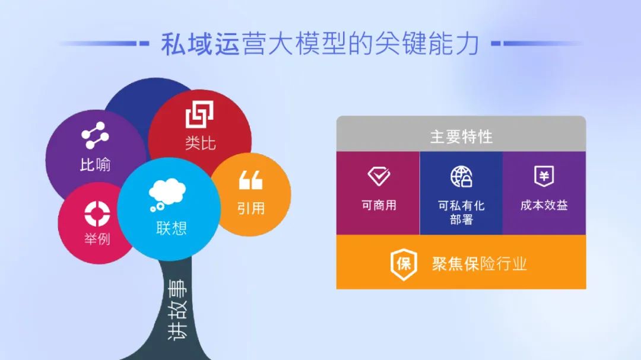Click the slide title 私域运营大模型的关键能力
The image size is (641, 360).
[x=320, y=44]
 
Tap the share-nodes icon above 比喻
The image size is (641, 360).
[x=95, y=135]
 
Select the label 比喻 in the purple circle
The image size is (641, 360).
[x=95, y=165]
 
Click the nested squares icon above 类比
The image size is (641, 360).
[x=199, y=115]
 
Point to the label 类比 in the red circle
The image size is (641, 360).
[x=200, y=144]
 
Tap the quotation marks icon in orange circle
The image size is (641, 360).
[x=250, y=180]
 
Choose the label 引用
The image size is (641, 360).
[x=251, y=208]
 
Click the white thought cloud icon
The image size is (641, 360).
[x=167, y=195]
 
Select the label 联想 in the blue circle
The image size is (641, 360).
[x=172, y=228]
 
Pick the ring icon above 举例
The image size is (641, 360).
[x=97, y=214]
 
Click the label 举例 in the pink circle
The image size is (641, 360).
[x=97, y=238]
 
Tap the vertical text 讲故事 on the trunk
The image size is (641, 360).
[x=178, y=310]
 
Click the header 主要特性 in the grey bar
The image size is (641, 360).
[x=461, y=137]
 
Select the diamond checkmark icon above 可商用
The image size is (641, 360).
[x=379, y=176]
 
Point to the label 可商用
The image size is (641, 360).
[x=379, y=205]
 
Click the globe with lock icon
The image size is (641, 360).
[x=461, y=177]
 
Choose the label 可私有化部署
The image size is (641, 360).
[x=461, y=212]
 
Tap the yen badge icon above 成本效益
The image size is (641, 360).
[x=544, y=176]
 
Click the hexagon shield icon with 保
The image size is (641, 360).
[x=404, y=265]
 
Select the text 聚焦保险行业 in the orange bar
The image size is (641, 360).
[x=479, y=264]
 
